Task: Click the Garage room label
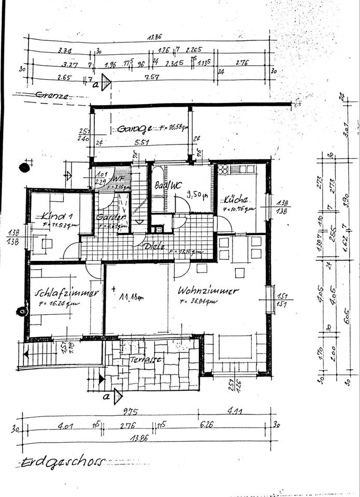tap(134, 128)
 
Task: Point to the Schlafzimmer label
tap(66, 293)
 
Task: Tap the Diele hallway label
tap(155, 247)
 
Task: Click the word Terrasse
tap(146, 359)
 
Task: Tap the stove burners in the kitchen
tap(223, 169)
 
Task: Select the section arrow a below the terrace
tap(117, 396)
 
